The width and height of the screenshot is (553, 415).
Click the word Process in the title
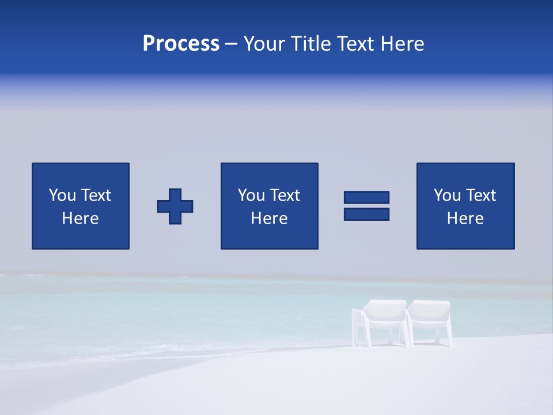(x=181, y=44)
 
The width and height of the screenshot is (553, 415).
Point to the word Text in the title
(x=355, y=44)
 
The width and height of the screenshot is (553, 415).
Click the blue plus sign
(x=175, y=206)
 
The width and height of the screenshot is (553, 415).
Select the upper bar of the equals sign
(x=366, y=197)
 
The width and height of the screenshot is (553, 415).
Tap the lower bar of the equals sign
(x=366, y=214)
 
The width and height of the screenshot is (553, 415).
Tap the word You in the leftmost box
(x=63, y=195)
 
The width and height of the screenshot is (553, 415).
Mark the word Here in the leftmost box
(x=80, y=218)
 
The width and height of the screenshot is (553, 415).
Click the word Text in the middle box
(x=285, y=195)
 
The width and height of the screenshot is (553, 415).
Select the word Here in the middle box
(x=269, y=218)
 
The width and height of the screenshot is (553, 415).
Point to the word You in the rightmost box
(x=448, y=195)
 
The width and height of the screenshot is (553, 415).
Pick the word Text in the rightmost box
(x=481, y=195)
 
